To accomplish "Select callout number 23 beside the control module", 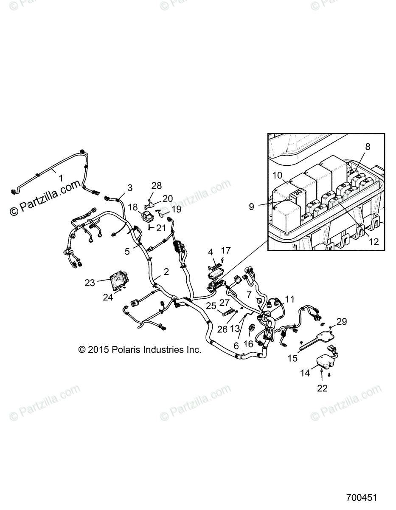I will point(90,282).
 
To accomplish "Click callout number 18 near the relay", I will point(133,207).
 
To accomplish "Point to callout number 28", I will point(157,186).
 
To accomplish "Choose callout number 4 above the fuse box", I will point(210,252).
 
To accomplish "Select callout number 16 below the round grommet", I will point(248,343).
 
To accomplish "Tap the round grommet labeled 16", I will point(250,328).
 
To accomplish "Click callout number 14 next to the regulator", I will point(305,373).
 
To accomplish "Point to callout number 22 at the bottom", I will point(322,388).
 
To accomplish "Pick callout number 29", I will point(342,322).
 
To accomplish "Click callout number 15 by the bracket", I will point(292,358).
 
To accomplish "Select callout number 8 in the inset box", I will point(368,147).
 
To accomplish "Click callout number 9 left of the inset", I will point(252,207).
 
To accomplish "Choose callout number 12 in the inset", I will point(374,242).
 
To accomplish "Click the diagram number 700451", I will point(361,497).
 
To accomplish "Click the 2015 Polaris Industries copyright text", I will point(140,350).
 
